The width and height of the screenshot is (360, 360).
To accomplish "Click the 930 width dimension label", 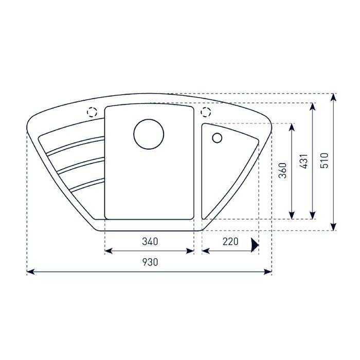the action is (150, 262).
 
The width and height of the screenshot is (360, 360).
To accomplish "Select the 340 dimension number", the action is (150, 241).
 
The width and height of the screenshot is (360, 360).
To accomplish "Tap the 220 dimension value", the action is (230, 241).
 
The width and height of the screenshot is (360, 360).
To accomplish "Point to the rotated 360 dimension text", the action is (283, 171).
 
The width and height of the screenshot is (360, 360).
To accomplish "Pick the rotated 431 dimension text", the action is (304, 161).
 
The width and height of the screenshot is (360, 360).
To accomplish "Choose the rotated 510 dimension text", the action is (324, 160).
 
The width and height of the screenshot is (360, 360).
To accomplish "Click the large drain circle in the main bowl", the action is (149, 134).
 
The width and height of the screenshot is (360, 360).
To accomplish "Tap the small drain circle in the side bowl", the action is (217, 138).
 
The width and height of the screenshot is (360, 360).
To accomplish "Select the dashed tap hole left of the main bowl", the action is (92, 112).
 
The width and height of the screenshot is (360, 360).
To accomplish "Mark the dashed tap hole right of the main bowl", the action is (206, 112).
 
